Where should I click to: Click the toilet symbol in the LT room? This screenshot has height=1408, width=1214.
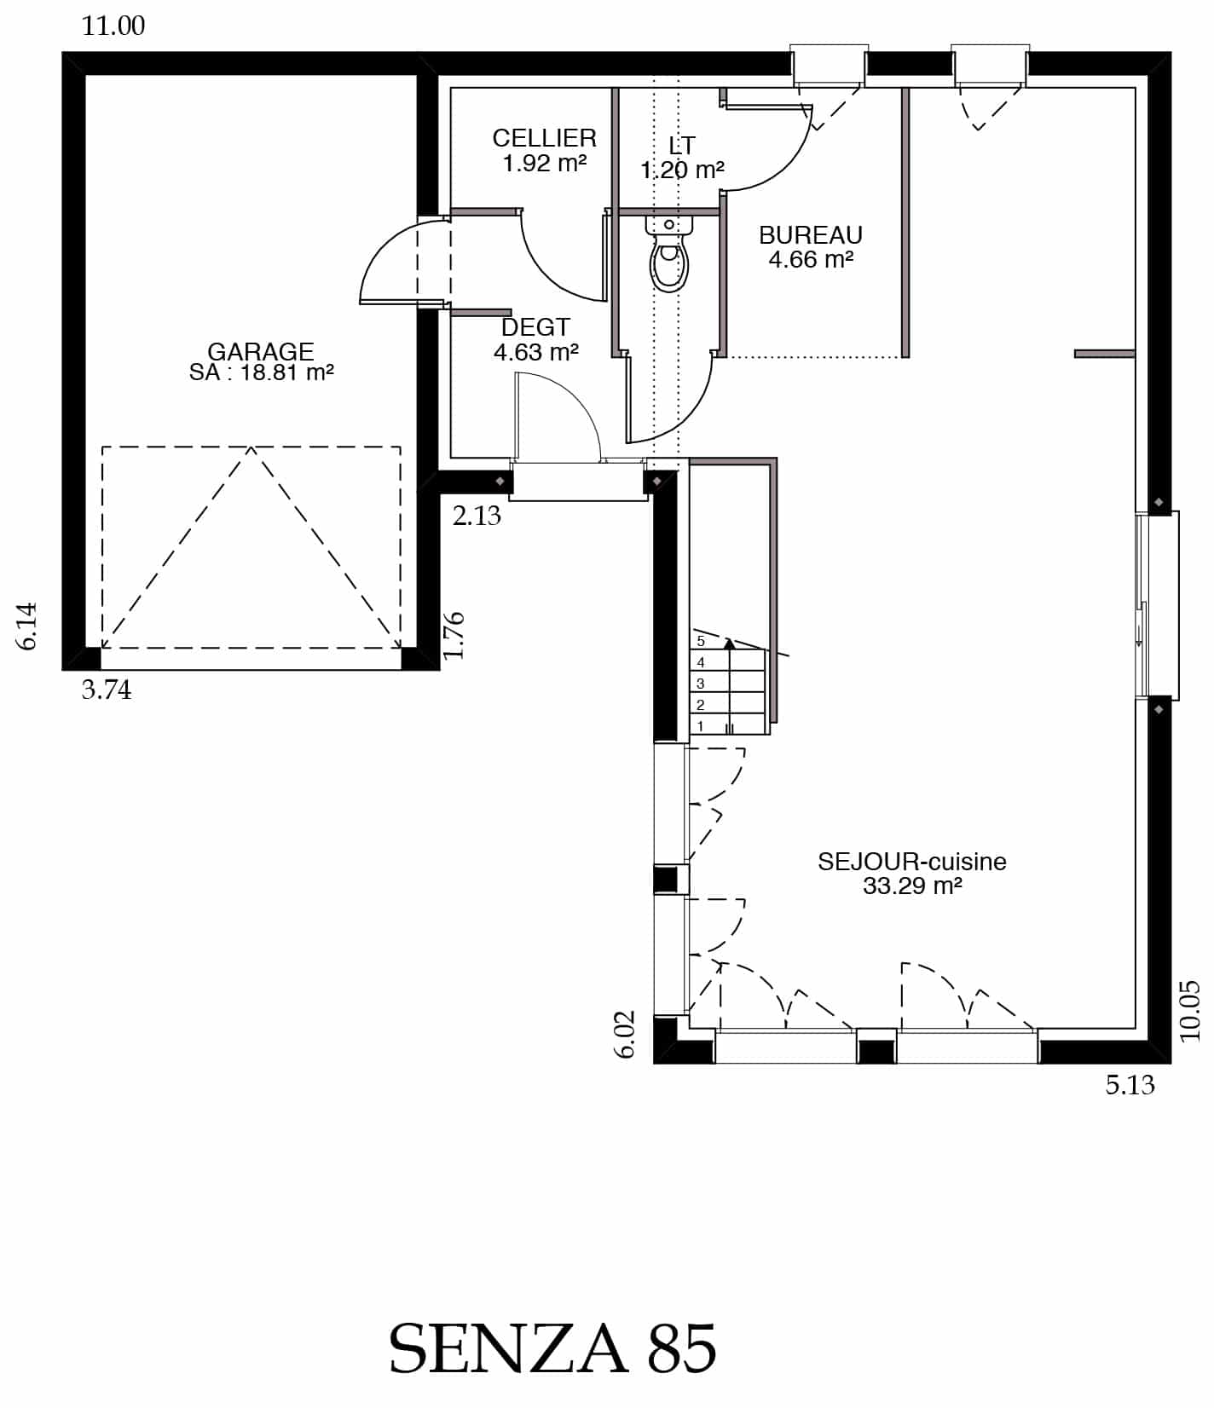[669, 253]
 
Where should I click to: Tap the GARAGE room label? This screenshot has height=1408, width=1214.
[261, 351]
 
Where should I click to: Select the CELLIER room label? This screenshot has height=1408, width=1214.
[544, 138]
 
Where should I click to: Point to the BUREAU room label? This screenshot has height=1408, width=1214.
[811, 235]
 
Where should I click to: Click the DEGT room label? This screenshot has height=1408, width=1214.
[535, 327]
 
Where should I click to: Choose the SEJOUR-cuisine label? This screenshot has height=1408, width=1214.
[912, 862]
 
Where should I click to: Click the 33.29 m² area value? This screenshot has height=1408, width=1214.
[912, 886]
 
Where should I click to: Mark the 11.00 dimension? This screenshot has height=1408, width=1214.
[113, 26]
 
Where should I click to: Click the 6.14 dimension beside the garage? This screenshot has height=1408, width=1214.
[27, 626]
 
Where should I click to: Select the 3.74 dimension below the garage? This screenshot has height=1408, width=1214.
[107, 690]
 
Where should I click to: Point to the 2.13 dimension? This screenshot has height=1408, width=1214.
[477, 516]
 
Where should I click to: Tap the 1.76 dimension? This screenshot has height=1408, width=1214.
[454, 635]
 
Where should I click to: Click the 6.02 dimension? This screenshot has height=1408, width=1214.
[626, 1034]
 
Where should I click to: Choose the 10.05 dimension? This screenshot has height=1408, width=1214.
[1190, 1011]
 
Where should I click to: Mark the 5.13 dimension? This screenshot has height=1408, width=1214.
[1130, 1085]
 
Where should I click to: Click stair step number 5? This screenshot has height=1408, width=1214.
[701, 641]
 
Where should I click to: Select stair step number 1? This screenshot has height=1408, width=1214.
[701, 726]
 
